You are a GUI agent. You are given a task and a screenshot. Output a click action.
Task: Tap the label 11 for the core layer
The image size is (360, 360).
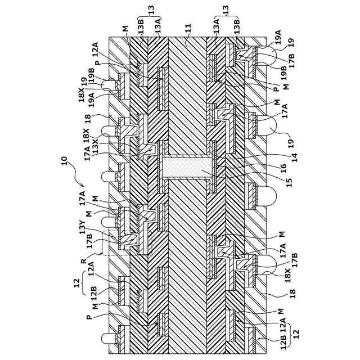188,28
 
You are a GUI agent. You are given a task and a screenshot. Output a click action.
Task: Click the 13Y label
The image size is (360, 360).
83,227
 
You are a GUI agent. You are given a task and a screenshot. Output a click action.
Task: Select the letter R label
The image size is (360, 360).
84,261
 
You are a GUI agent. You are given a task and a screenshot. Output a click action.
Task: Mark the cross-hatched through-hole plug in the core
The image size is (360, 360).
189,166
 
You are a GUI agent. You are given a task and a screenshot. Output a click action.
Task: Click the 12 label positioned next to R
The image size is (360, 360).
77,283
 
